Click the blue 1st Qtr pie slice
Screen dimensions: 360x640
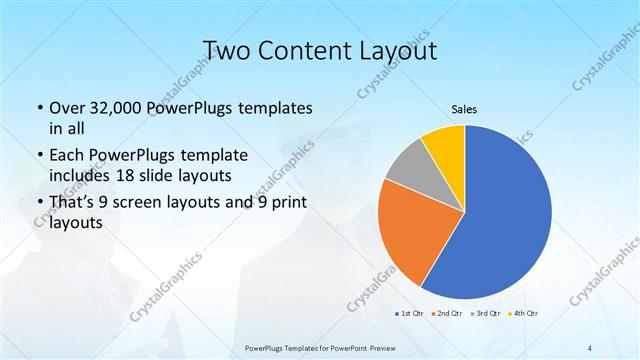click(505, 220)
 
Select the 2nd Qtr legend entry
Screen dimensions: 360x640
click(446, 313)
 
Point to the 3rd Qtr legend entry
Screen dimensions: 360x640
click(486, 313)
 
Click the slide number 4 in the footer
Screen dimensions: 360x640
click(590, 347)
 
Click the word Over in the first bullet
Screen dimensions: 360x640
click(66, 107)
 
